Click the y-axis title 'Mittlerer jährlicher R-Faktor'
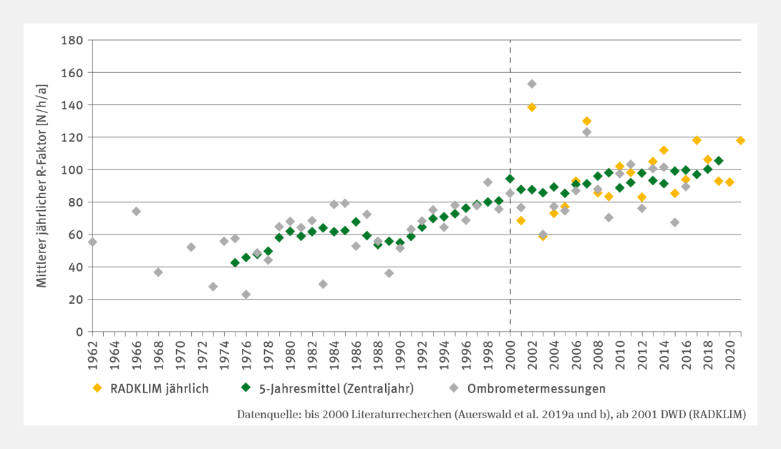click(42, 186)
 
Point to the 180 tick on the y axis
click(72, 40)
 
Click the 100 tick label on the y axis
click(72, 169)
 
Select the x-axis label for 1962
click(92, 350)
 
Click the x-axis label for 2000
click(510, 350)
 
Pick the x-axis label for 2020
click(729, 350)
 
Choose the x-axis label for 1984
click(334, 350)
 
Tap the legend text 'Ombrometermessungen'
click(536, 389)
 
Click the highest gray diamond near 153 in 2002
click(532, 84)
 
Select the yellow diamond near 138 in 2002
click(532, 107)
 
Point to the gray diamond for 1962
click(92, 242)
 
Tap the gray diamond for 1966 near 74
click(136, 212)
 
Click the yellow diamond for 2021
click(740, 140)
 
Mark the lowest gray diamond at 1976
click(246, 295)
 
